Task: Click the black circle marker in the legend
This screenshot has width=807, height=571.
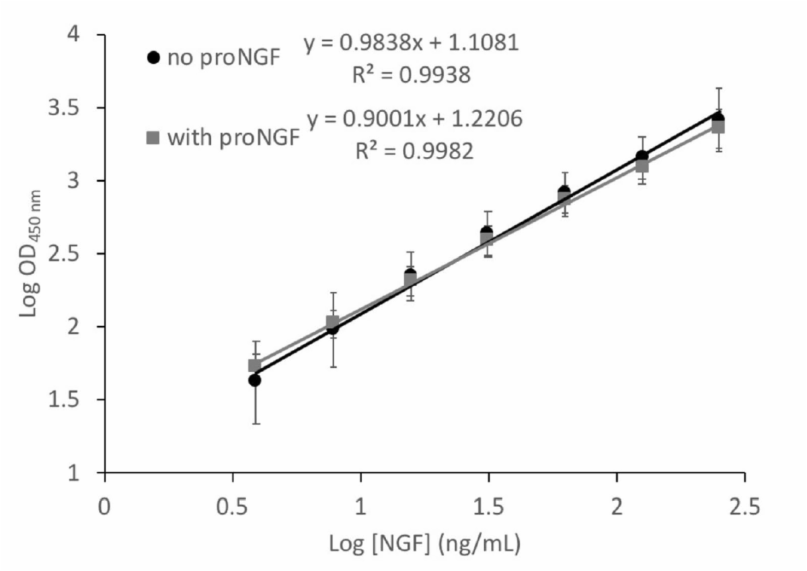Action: (x=154, y=58)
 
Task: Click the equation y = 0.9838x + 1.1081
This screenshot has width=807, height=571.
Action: (x=411, y=44)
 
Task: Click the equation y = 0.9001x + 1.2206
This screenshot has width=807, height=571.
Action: (x=414, y=120)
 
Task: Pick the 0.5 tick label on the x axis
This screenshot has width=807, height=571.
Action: (x=233, y=506)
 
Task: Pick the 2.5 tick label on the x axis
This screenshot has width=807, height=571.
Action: (x=744, y=506)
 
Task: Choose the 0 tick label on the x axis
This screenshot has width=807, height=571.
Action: (x=104, y=506)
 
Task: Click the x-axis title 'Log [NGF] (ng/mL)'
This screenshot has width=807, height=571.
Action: (x=424, y=543)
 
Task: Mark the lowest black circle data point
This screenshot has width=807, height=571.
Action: (x=255, y=380)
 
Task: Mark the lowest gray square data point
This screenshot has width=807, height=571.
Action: (x=255, y=365)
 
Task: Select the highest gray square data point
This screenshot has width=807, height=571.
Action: (x=718, y=126)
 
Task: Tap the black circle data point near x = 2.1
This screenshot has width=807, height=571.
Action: (x=642, y=157)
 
